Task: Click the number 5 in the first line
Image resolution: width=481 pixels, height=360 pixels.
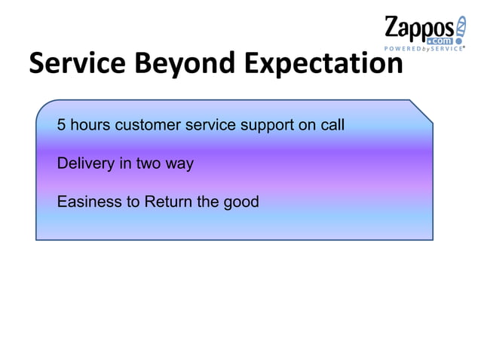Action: [62, 125]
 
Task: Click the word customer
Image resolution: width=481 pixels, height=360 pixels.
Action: [147, 125]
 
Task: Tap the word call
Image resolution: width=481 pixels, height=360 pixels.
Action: [332, 125]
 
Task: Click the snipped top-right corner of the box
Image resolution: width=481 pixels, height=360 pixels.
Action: [421, 110]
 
